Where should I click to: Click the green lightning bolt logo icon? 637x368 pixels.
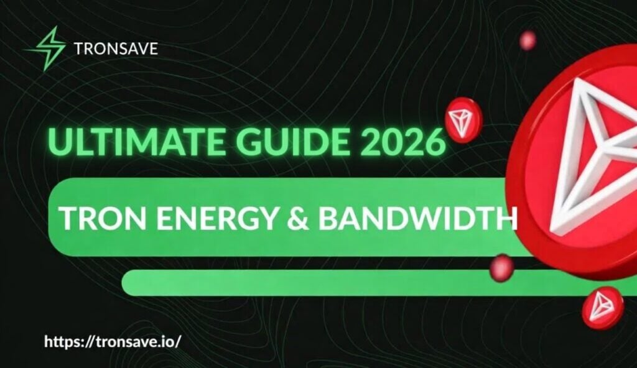[44, 47]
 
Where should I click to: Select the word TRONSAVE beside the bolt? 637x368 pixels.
[116, 48]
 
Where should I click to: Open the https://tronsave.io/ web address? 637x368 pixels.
[114, 341]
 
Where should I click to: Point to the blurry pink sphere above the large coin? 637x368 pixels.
[528, 40]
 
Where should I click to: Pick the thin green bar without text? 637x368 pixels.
[311, 283]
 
